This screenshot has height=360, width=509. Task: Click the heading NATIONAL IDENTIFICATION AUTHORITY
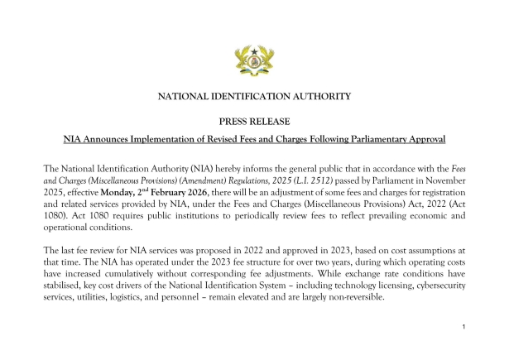coord(254,97)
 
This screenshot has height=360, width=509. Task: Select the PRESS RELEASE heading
coord(254,121)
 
